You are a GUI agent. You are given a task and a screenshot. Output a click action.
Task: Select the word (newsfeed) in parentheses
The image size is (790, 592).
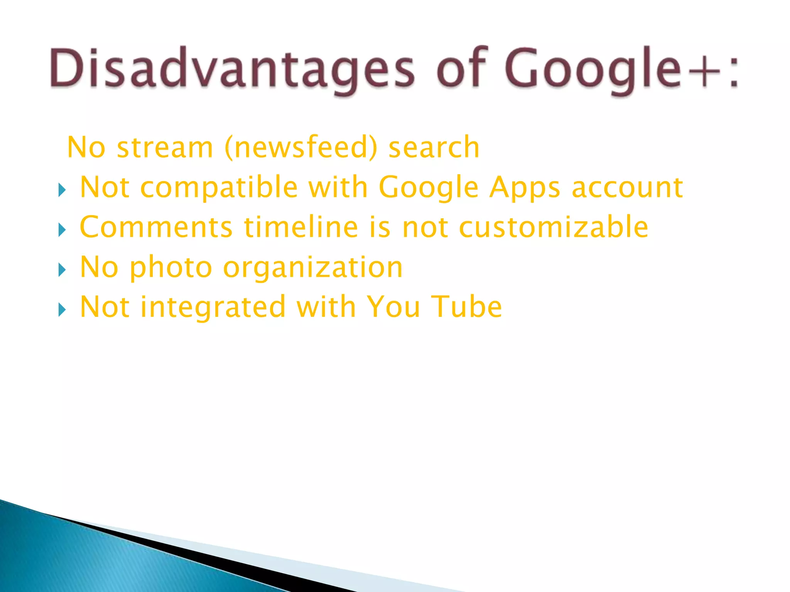click(x=301, y=147)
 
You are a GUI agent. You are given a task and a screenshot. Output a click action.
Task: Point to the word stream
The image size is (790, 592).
click(x=165, y=147)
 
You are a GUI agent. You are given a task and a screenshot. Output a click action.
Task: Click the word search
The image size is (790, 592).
click(x=434, y=147)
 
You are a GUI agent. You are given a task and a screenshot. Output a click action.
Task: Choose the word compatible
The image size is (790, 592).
click(x=219, y=187)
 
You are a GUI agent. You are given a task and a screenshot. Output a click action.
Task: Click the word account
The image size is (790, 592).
click(x=627, y=187)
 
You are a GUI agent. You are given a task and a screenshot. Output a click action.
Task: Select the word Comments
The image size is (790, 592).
click(x=156, y=227)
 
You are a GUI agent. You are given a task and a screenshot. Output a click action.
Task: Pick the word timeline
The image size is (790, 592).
click(x=301, y=227)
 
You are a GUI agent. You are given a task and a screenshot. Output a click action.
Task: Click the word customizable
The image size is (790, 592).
click(x=554, y=227)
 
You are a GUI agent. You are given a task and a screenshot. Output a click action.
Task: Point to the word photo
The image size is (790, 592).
click(x=171, y=267)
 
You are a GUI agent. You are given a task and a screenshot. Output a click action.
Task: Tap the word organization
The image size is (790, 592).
click(x=313, y=267)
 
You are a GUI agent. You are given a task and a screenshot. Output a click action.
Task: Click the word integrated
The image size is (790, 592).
click(x=213, y=307)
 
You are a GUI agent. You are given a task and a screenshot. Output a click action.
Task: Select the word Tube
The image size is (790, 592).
click(x=466, y=307)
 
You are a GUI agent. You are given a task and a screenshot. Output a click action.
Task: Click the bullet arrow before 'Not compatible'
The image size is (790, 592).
click(x=62, y=190)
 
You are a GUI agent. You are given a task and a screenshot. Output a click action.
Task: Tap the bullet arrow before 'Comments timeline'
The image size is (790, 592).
click(x=62, y=230)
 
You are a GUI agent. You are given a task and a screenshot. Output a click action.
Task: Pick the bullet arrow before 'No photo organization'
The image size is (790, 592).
click(x=62, y=270)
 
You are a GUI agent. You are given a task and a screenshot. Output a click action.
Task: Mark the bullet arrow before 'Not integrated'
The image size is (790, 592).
click(x=62, y=309)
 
